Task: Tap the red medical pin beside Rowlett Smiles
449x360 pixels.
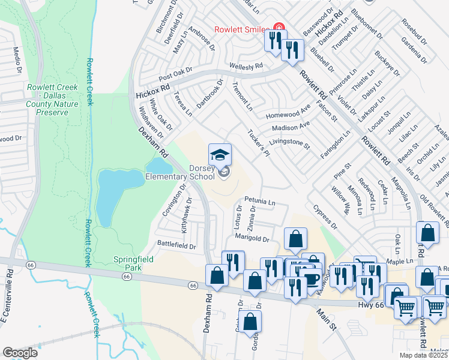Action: (278, 27)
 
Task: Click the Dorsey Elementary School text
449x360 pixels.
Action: (180, 173)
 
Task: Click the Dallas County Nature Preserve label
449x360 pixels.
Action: (52, 100)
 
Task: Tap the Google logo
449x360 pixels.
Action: (20, 353)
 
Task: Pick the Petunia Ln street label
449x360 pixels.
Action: (259, 202)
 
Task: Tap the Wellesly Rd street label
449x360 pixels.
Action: (246, 66)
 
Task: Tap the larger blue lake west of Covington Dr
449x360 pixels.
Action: (111, 195)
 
